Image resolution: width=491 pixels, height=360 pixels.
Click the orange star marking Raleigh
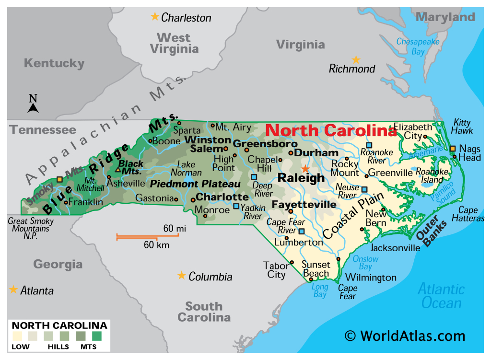point(305,169)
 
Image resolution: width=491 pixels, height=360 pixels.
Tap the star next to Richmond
point(356,60)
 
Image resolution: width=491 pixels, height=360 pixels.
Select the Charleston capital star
point(154,17)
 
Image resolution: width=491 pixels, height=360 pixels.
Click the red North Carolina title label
point(331,130)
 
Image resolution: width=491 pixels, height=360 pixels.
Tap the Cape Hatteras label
point(471,214)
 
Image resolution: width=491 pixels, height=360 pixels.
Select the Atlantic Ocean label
point(441,296)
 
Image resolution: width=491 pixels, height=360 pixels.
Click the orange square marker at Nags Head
point(452,148)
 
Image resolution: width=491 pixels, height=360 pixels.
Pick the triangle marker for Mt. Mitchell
point(117,169)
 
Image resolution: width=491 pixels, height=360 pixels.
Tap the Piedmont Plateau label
point(195,184)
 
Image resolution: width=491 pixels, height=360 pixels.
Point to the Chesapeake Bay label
point(417,46)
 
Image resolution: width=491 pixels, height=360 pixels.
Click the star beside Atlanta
point(13,290)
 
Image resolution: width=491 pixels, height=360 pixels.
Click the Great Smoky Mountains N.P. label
point(31,229)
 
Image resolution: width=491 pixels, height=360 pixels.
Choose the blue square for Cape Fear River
point(302,231)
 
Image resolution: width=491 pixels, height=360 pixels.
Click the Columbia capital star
point(181,275)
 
